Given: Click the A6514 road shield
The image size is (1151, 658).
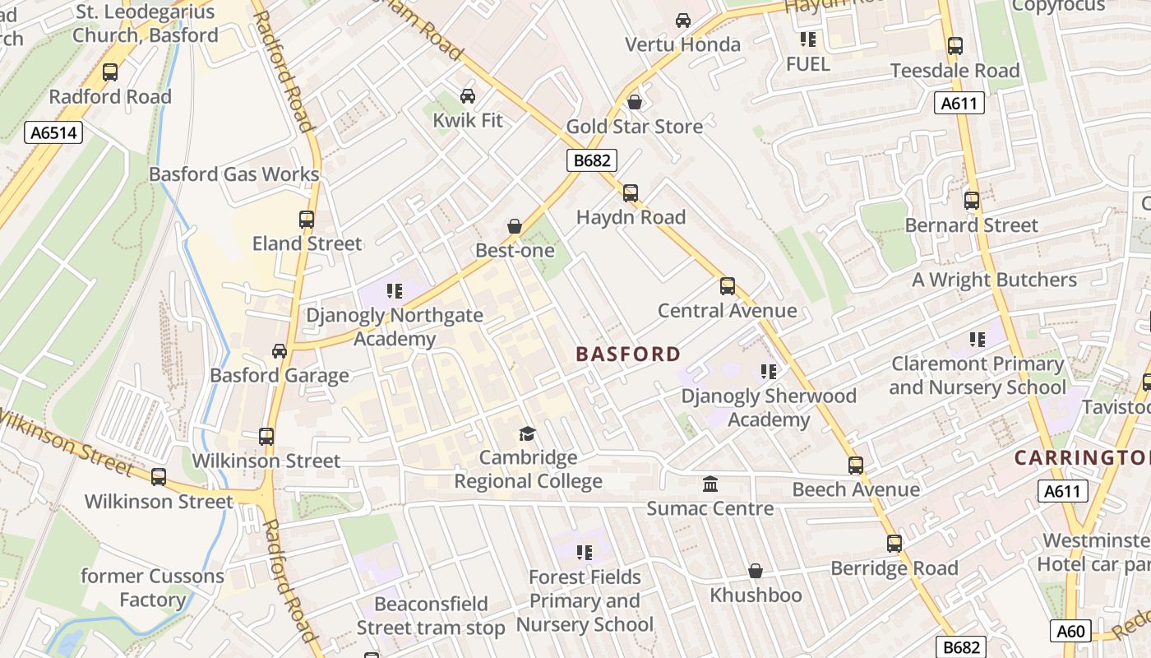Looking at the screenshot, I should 53,132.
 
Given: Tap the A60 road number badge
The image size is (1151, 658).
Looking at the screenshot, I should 1070,631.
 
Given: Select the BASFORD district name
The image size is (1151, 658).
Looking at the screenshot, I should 628,354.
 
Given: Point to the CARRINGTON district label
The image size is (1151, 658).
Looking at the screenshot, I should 1081,458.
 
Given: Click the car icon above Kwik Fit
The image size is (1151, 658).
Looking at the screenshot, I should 468,96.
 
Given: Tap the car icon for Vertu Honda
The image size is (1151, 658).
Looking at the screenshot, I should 683,21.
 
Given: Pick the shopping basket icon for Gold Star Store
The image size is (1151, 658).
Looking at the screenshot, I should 634,102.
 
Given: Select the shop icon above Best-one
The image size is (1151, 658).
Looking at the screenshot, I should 515,226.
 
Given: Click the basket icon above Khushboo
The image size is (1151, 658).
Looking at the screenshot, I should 756,571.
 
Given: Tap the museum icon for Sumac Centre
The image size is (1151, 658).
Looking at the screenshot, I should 710,484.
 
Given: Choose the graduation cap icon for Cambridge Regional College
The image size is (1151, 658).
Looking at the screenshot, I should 527,433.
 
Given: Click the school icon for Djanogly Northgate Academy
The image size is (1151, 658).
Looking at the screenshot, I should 395,291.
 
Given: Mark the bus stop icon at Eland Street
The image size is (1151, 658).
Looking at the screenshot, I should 307,220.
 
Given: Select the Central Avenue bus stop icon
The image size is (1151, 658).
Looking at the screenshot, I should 728,286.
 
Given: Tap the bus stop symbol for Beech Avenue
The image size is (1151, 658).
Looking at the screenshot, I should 856,466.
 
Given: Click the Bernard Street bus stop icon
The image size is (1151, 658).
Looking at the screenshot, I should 972,201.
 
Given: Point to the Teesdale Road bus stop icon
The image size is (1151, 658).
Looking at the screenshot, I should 955,46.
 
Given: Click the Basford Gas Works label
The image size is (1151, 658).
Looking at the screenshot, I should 233,174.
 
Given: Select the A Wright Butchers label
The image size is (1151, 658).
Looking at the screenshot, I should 994,280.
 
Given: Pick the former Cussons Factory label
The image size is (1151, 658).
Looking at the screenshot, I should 152,588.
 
